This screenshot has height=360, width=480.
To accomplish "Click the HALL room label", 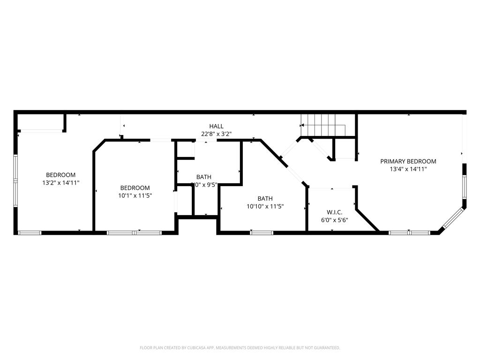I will [216, 126].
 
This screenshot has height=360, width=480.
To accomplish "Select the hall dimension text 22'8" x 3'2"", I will [216, 134].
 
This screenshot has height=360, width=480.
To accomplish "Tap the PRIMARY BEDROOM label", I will [408, 161].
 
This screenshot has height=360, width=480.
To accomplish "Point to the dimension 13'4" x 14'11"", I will [408, 169].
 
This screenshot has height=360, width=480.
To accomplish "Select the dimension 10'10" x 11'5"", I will [265, 206].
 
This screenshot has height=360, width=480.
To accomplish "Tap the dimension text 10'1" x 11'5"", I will [135, 195].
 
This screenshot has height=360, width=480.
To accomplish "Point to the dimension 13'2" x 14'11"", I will [60, 183].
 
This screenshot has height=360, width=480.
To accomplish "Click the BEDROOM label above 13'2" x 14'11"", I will [60, 175].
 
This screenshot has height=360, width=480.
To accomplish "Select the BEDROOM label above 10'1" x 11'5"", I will [135, 187].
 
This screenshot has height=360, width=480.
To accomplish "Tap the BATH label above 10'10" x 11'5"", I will [265, 198].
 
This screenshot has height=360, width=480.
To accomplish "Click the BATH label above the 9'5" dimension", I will [203, 177].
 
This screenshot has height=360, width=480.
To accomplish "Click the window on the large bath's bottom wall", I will [262, 232].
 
